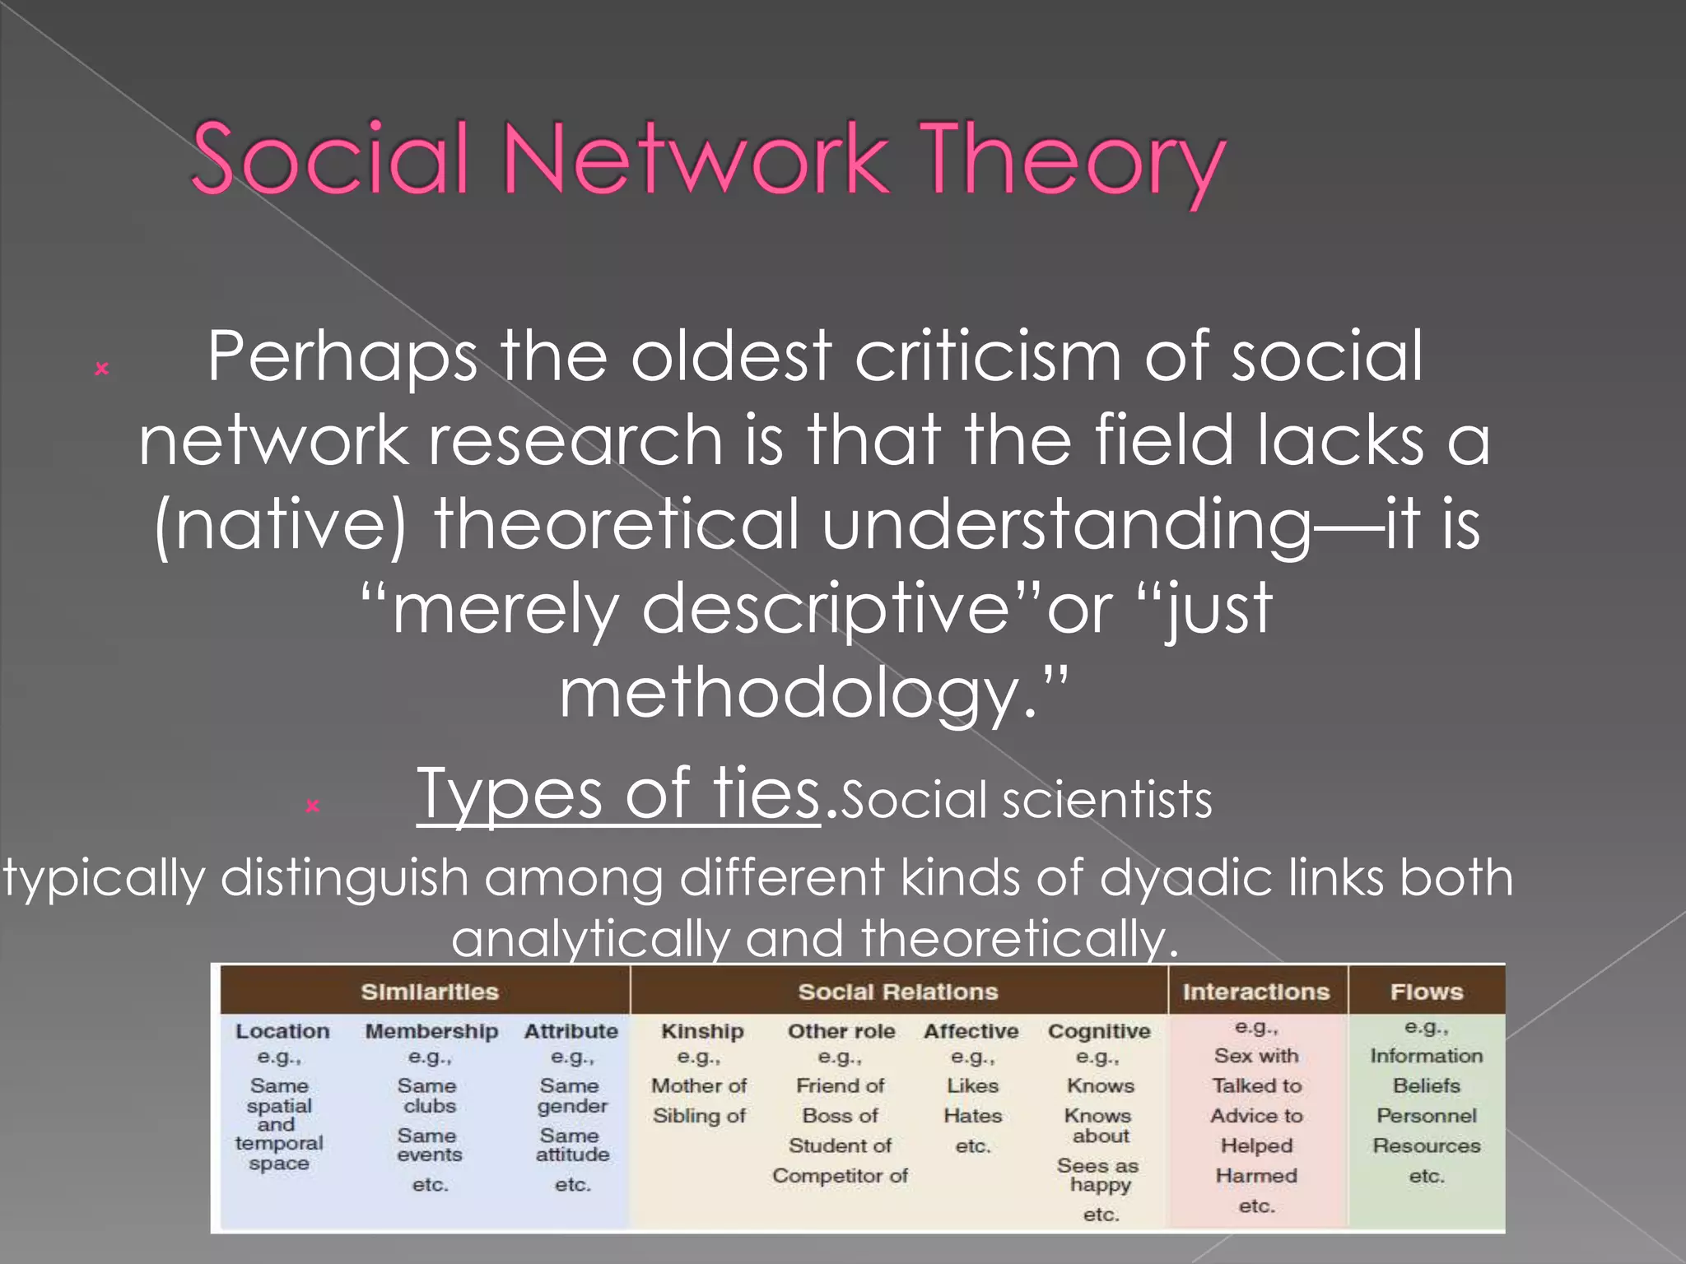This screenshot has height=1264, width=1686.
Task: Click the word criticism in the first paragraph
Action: [988, 355]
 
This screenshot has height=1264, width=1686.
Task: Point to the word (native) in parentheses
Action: [280, 525]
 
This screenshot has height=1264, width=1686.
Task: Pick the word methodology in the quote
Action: [790, 693]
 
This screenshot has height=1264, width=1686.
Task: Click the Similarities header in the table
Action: [430, 992]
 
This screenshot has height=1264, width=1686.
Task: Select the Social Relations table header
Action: [898, 992]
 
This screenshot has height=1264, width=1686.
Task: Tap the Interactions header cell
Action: [1256, 992]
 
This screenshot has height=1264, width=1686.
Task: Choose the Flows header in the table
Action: [1427, 992]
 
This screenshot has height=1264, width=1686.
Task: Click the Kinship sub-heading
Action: [702, 1031]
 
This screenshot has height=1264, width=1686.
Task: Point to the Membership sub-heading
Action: [431, 1031]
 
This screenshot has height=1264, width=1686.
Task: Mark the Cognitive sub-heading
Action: [1099, 1031]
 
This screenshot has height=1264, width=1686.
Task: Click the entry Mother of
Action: [699, 1085]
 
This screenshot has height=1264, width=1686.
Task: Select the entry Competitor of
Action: [840, 1176]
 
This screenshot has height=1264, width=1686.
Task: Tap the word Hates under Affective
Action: [972, 1116]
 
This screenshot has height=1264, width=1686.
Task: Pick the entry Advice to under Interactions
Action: [1256, 1116]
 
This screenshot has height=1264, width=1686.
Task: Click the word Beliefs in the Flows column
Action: [1427, 1085]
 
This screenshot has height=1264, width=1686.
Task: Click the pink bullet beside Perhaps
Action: [102, 369]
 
